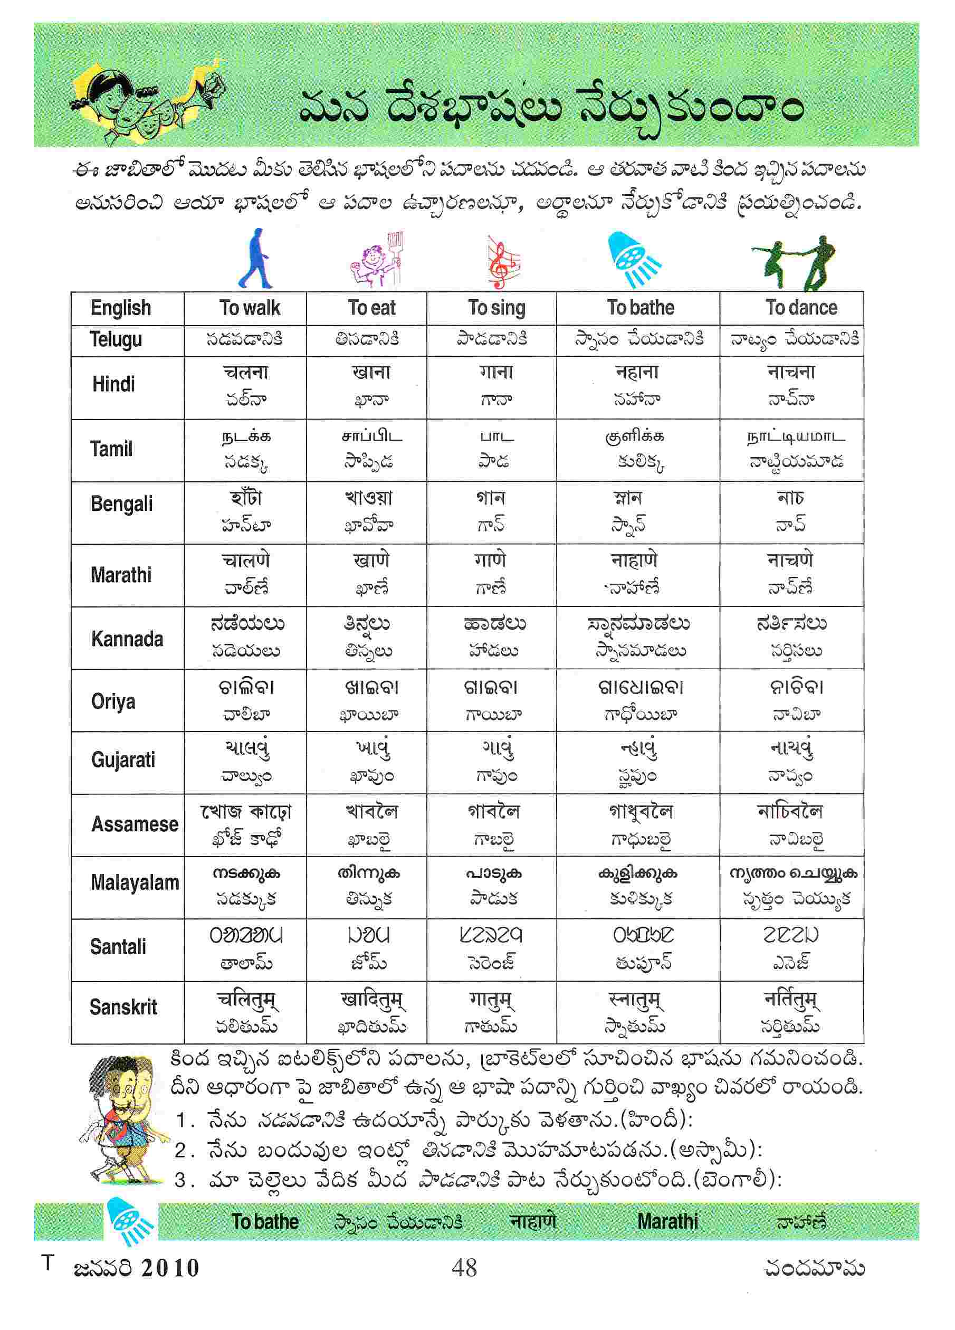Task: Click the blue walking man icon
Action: click(x=256, y=259)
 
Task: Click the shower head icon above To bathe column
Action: click(x=633, y=259)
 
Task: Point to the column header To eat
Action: click(x=371, y=308)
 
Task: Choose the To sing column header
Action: click(x=496, y=308)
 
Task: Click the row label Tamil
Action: click(x=111, y=449)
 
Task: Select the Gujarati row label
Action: click(x=123, y=760)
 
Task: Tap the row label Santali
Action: click(x=118, y=947)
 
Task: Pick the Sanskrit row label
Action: click(x=123, y=1008)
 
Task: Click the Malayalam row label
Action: click(x=135, y=882)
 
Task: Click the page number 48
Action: click(x=464, y=1268)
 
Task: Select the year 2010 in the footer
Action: click(x=170, y=1268)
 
